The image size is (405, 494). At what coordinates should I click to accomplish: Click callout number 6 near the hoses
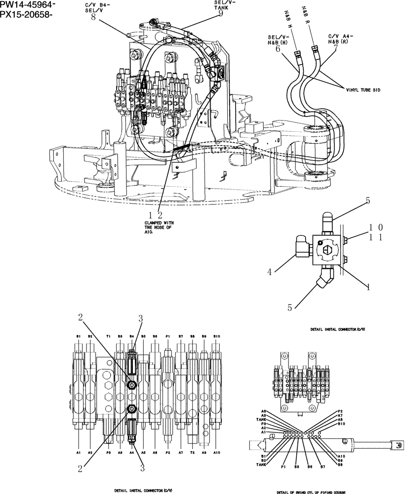click(277, 49)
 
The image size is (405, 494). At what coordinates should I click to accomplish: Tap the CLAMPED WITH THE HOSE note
click(158, 228)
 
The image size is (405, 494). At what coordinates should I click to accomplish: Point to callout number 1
click(368, 286)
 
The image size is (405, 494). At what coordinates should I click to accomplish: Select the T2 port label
click(193, 453)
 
